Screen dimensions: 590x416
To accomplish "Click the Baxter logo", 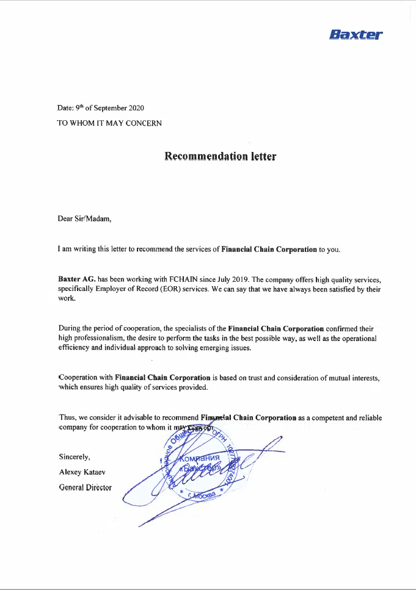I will coord(355,35).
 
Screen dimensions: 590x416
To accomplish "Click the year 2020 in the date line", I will coord(136,108).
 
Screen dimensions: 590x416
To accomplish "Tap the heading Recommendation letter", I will coord(220,156).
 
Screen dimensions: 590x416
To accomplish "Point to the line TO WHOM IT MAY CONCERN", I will coord(109,123).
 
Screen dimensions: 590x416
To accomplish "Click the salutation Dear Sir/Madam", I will coord(84,219).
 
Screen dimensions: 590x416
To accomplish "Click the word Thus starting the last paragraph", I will coord(67,418).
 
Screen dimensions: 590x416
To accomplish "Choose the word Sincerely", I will coord(75,456).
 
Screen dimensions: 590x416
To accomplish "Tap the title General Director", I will coord(86,487).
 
